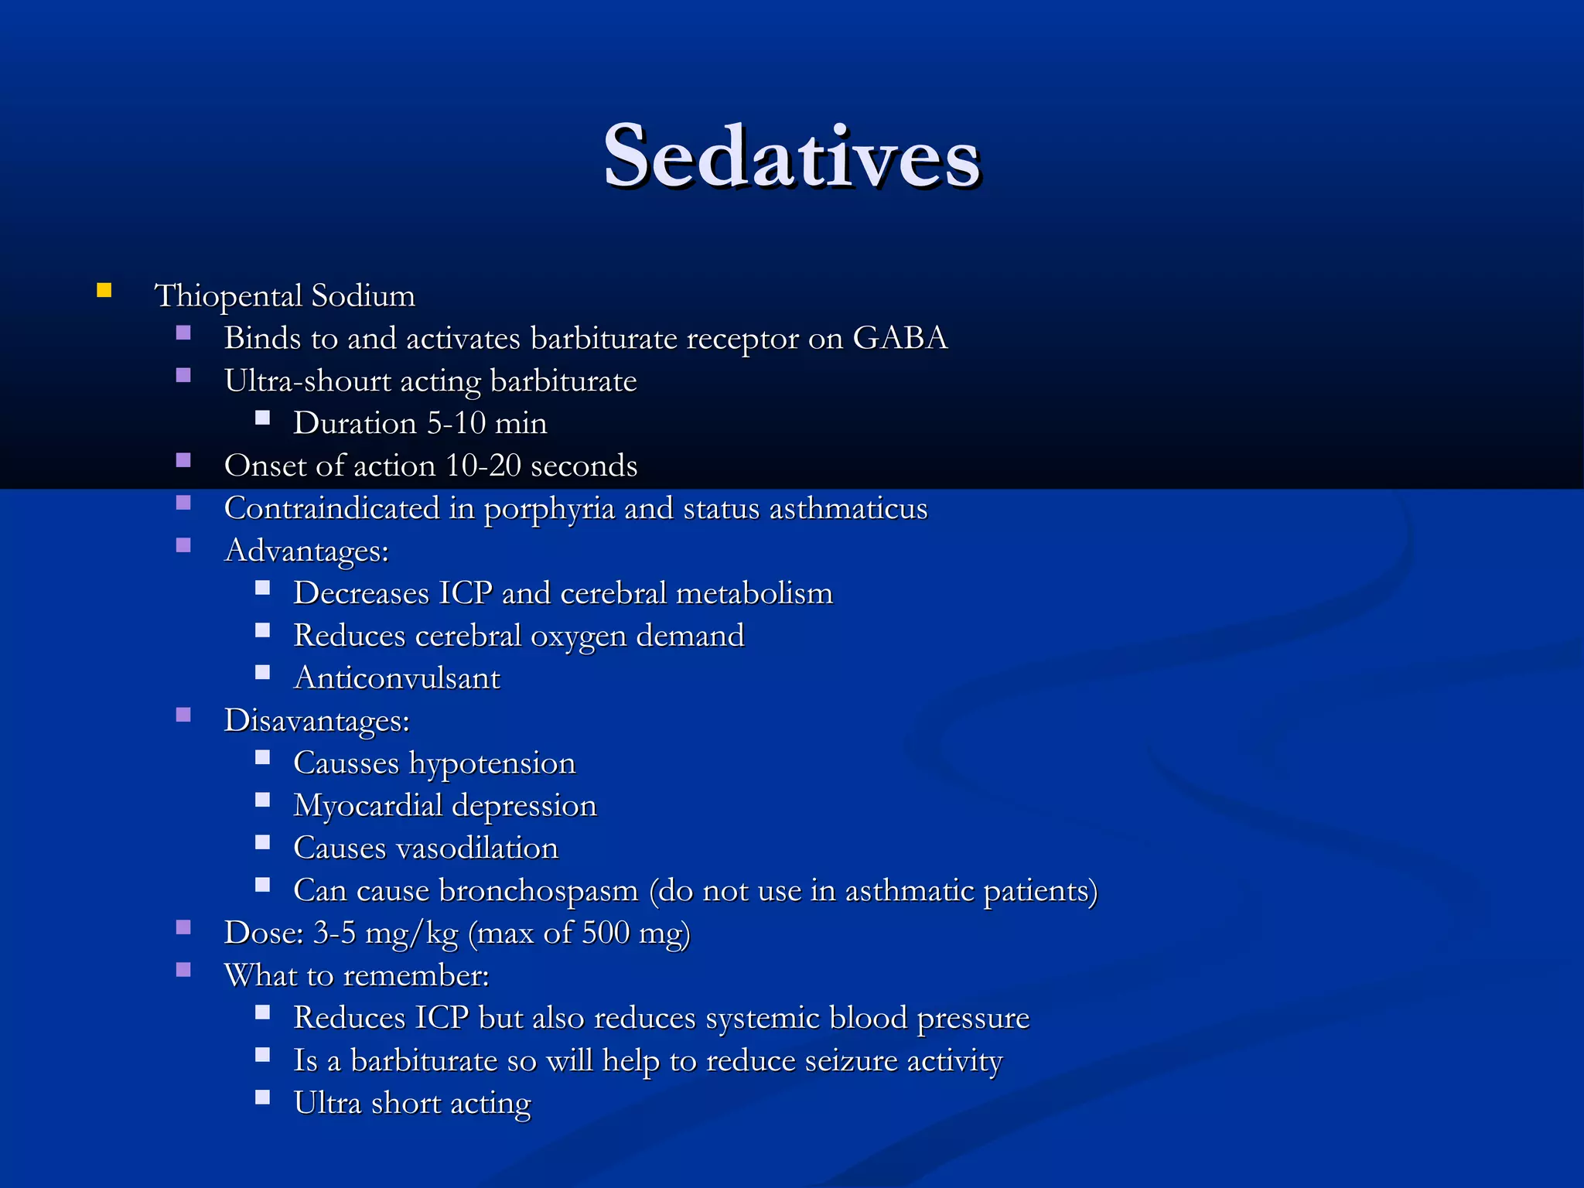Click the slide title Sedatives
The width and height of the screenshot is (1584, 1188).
[792, 157]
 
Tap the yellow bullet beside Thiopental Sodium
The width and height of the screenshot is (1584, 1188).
[104, 292]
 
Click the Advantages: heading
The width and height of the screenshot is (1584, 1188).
[306, 551]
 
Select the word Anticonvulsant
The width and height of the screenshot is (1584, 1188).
[397, 678]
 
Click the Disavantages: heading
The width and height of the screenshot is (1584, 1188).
[316, 721]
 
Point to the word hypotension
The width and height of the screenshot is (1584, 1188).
[492, 763]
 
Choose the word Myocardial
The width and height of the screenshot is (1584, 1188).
[367, 806]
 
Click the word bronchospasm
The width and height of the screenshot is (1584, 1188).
[538, 891]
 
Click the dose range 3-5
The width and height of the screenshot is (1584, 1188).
[334, 933]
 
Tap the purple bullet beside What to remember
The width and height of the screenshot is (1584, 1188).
[183, 970]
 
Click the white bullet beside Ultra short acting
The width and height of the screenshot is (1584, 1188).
[263, 1098]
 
